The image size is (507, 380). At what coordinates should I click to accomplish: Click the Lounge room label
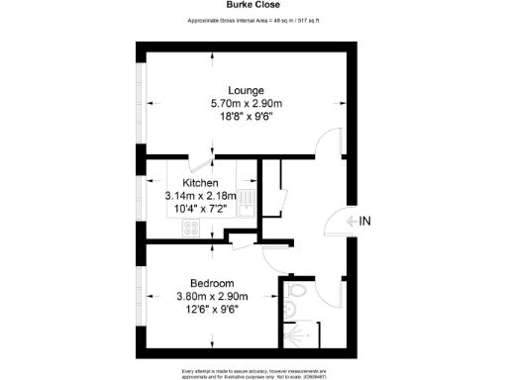coord(244,89)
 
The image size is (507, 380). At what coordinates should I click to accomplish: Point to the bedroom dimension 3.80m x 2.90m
coord(212,295)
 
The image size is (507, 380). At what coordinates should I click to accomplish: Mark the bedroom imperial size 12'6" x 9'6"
coord(212,308)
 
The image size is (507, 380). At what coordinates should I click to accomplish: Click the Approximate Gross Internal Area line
coord(253,20)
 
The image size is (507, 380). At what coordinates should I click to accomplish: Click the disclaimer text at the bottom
coord(253,373)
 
